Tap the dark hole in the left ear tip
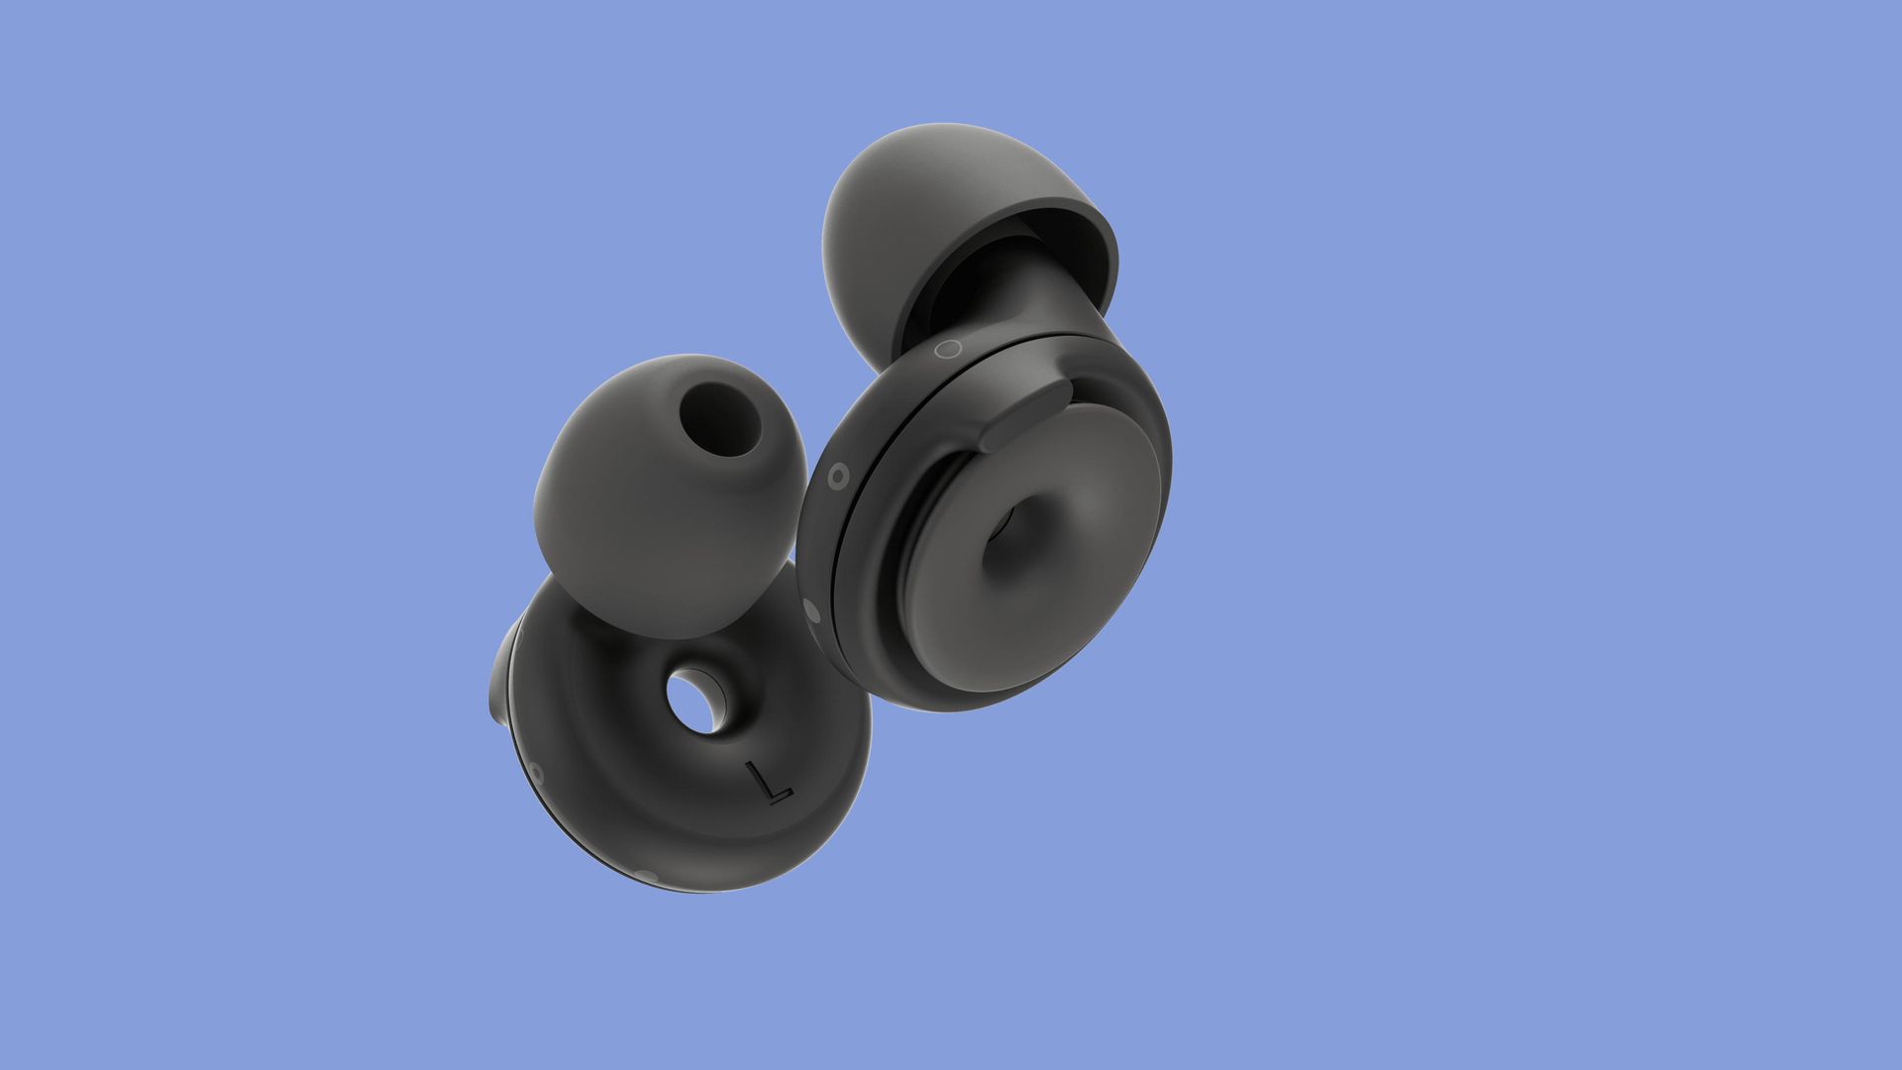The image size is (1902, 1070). point(720,417)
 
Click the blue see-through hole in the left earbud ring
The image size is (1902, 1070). point(695,701)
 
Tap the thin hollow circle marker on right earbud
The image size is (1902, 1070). point(948,348)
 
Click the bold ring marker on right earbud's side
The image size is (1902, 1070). point(838,477)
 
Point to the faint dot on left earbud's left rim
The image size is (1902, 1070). point(536,771)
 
